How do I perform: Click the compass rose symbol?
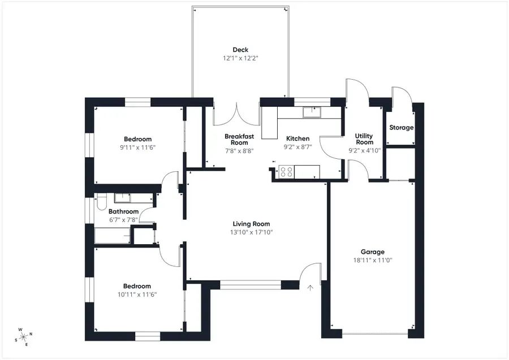[x=24, y=336]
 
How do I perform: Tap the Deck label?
[x=240, y=50]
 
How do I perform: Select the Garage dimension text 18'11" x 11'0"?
[x=373, y=261]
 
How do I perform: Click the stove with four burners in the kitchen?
[x=287, y=171]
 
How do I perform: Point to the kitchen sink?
[x=311, y=112]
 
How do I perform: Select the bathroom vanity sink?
[x=123, y=198]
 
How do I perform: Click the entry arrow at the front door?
[x=310, y=288]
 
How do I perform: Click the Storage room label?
[x=401, y=128]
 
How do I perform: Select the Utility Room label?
[x=364, y=139]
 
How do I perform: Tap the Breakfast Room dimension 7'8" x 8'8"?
[x=239, y=151]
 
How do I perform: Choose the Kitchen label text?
[x=297, y=138]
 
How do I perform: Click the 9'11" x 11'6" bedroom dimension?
[x=137, y=148]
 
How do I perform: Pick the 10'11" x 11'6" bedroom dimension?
[x=137, y=294]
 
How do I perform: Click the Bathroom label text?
[x=123, y=212]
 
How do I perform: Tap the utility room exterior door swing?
[x=356, y=90]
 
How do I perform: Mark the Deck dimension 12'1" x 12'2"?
[x=240, y=58]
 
